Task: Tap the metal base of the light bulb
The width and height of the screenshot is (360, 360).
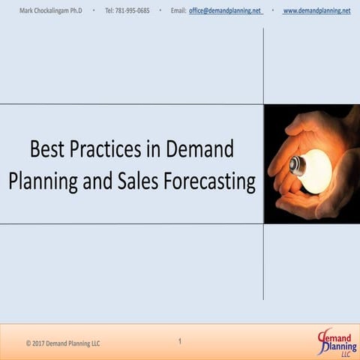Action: (x=297, y=166)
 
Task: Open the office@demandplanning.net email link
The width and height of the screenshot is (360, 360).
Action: (x=225, y=10)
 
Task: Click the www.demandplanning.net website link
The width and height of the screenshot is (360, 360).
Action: (x=316, y=10)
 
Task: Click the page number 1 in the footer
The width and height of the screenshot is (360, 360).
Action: (x=180, y=342)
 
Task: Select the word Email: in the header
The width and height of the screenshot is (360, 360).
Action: (x=178, y=10)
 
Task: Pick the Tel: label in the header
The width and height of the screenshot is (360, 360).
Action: (x=109, y=10)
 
